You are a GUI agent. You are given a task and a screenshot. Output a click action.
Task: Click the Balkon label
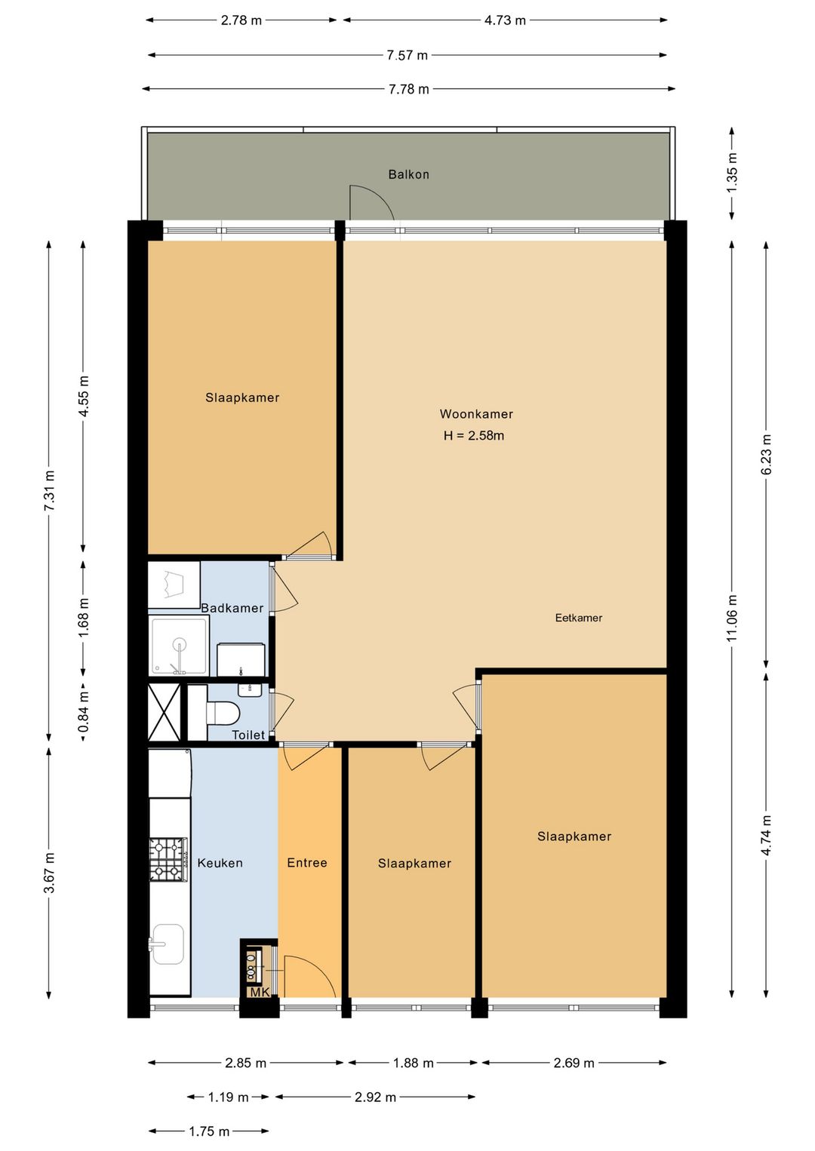click(408, 174)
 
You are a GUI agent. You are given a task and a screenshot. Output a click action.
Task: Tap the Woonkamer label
click(476, 414)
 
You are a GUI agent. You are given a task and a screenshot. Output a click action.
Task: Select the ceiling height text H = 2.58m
click(474, 435)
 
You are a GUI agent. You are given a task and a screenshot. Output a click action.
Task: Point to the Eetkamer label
click(579, 618)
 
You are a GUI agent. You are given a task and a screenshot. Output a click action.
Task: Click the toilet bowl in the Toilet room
click(223, 713)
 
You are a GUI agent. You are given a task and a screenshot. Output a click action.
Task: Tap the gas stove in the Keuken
click(168, 859)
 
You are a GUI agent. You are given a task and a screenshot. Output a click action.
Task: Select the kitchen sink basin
click(168, 944)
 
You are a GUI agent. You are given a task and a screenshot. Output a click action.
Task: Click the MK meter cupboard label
click(260, 992)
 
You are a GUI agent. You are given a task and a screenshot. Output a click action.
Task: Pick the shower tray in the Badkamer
click(179, 646)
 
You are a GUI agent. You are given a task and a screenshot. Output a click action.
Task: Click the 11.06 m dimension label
click(732, 618)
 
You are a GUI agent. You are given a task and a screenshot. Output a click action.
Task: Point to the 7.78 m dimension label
click(408, 89)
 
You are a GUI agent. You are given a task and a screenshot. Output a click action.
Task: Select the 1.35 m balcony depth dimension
click(732, 173)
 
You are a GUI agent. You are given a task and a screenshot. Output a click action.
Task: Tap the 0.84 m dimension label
click(84, 711)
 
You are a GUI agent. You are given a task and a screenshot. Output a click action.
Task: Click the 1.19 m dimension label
click(228, 1097)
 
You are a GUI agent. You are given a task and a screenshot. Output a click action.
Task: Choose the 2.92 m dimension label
click(375, 1097)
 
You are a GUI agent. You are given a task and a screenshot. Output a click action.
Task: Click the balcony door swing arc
click(371, 202)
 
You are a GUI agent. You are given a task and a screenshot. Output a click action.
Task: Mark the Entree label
click(307, 863)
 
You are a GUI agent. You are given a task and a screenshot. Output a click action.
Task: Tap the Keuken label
click(220, 863)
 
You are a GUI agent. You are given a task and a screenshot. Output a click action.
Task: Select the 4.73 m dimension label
click(505, 20)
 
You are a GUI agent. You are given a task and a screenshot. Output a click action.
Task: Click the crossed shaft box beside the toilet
click(165, 712)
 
